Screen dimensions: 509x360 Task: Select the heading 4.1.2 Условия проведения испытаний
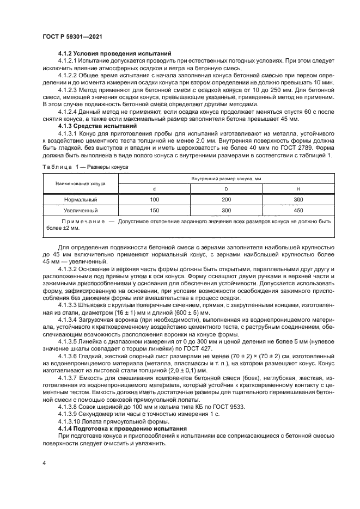[115, 53]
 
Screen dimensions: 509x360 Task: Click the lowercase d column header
[154, 189]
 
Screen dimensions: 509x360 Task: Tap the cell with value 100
[154, 200]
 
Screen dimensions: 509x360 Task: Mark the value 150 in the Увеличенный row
[154, 210]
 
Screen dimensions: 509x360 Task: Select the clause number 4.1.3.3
[70, 306]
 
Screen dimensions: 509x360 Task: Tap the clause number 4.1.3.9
[70, 414]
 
